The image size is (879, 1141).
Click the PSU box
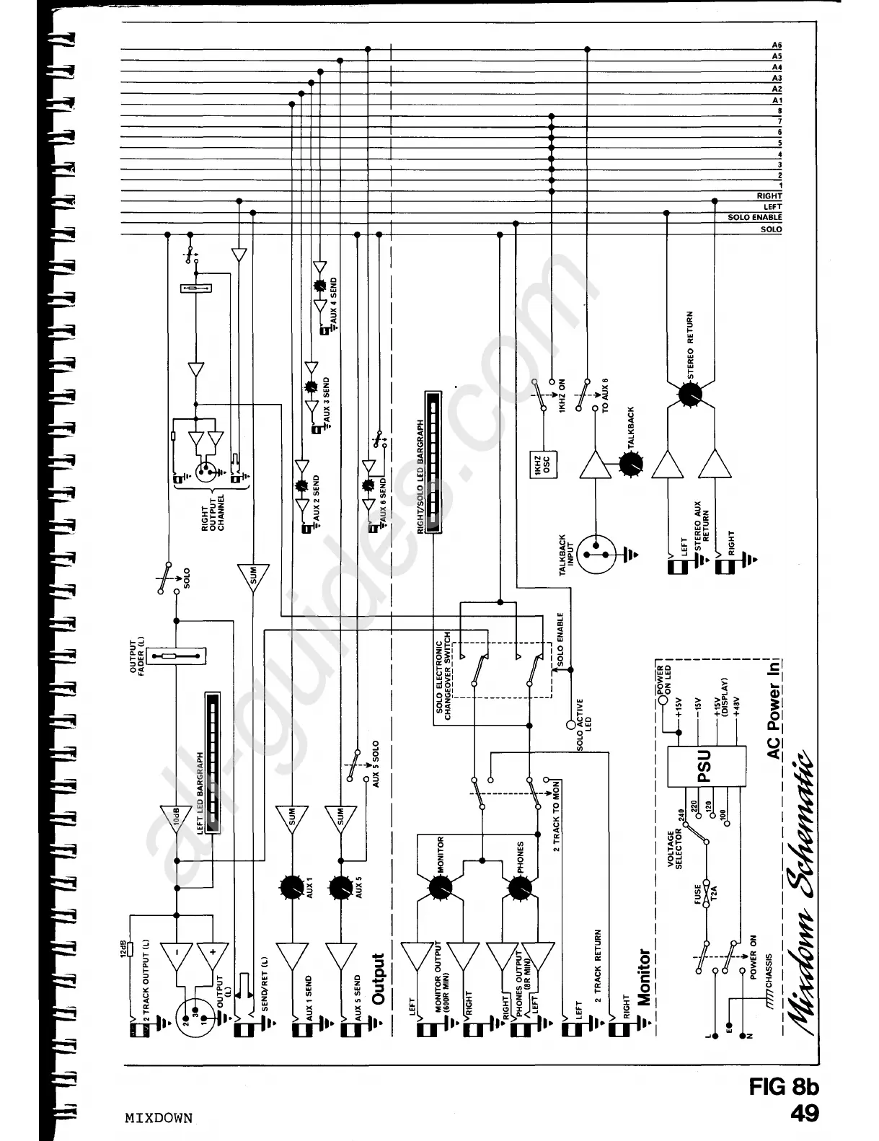click(x=704, y=765)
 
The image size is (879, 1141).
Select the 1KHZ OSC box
click(x=545, y=464)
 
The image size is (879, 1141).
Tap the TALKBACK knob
click(x=632, y=464)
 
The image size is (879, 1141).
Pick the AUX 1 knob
click(x=291, y=887)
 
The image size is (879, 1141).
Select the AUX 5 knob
click(x=340, y=887)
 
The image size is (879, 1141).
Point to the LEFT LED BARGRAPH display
click(x=212, y=761)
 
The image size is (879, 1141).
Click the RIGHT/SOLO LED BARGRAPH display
click(x=432, y=462)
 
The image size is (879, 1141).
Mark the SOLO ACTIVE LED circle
click(x=572, y=723)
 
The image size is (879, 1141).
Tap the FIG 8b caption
click(x=783, y=1087)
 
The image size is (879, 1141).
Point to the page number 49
click(x=804, y=1114)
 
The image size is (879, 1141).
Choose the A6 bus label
click(x=777, y=45)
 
